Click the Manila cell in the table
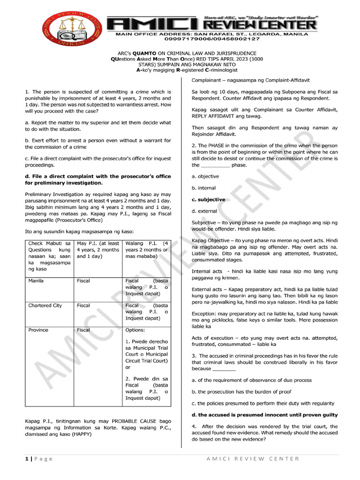click(x=36, y=281)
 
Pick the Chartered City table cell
click(x=45, y=306)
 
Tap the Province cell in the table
click(x=38, y=330)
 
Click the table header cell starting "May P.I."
click(x=98, y=250)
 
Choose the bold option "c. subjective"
click(x=209, y=200)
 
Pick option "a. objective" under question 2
click(x=205, y=176)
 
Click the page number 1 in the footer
click(x=26, y=459)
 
